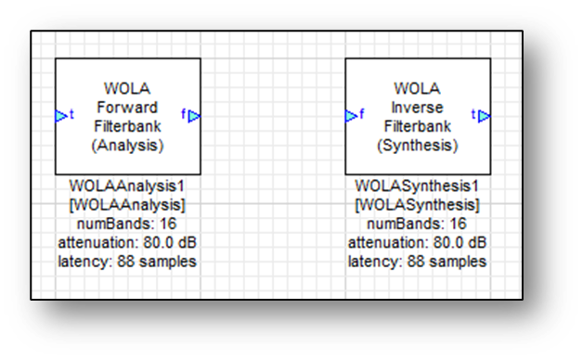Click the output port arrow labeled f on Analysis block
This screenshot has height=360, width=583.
pyautogui.click(x=195, y=115)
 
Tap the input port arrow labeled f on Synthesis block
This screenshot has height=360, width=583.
pyautogui.click(x=351, y=115)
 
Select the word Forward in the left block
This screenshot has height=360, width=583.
pyautogui.click(x=128, y=107)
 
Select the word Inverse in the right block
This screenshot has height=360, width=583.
pyautogui.click(x=417, y=107)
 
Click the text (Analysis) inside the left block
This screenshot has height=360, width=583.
pyautogui.click(x=128, y=145)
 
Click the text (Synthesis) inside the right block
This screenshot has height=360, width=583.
pyautogui.click(x=417, y=145)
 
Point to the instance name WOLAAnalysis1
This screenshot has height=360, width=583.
pyautogui.click(x=128, y=186)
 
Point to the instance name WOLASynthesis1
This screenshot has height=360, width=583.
pyautogui.click(x=417, y=186)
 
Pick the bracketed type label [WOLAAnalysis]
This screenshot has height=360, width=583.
pyautogui.click(x=128, y=204)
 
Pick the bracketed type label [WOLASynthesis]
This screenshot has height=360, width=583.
pyautogui.click(x=417, y=204)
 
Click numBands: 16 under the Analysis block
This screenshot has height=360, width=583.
pyautogui.click(x=128, y=224)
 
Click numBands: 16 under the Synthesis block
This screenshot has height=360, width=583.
pyautogui.click(x=417, y=224)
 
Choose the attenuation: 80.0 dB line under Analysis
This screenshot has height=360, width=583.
pyautogui.click(x=128, y=242)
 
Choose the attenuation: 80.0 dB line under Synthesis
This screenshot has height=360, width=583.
pyautogui.click(x=417, y=242)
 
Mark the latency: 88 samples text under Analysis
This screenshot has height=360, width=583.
pyautogui.click(x=128, y=261)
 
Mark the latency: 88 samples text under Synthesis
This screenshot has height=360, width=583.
pyautogui.click(x=417, y=261)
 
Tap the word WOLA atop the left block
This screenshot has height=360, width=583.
pyautogui.click(x=128, y=88)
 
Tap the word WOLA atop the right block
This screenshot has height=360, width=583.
pyautogui.click(x=417, y=88)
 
